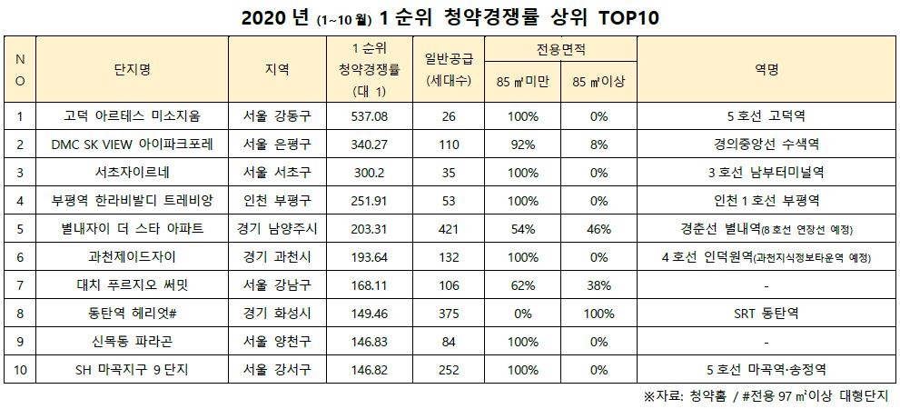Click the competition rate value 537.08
[368, 115]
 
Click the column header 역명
[766, 69]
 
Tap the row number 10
[22, 370]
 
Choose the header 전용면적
[560, 49]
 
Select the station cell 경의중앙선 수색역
[766, 144]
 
